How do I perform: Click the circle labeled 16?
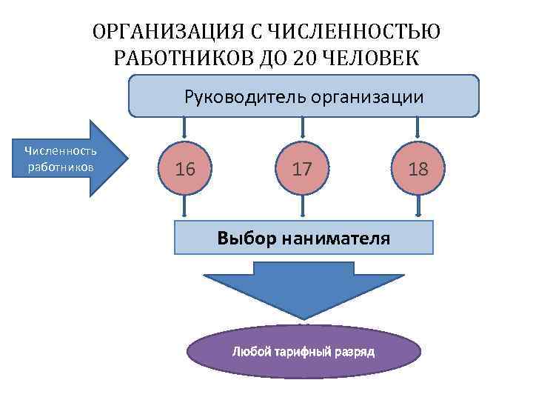tap(186, 169)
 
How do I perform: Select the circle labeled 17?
tap(302, 169)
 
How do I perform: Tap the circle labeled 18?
tap(418, 169)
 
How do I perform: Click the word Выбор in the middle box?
tap(241, 238)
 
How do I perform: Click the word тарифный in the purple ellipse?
tap(301, 351)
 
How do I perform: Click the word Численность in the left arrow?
tap(61, 151)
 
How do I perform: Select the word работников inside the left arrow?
tap(61, 166)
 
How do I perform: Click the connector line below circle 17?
tap(302, 206)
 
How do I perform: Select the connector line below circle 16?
tap(186, 206)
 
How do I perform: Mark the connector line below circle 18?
tap(418, 206)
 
